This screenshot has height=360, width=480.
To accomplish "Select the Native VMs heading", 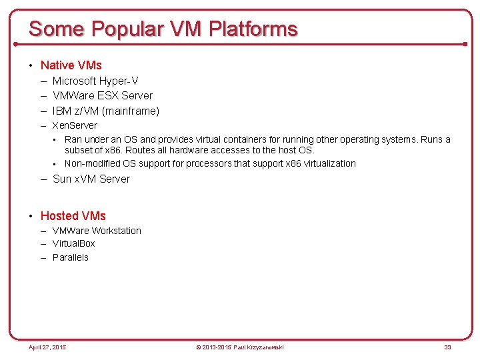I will coord(71,65).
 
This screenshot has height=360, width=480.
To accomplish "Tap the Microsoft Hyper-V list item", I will coord(95,81).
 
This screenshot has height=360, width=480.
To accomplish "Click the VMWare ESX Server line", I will coord(102,96).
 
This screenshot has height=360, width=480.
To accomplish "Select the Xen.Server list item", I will coord(75,125).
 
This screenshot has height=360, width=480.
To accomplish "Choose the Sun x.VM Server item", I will coord(91,179).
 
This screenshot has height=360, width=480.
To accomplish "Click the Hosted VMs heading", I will coord(73,216).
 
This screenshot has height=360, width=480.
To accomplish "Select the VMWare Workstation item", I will coord(97,231).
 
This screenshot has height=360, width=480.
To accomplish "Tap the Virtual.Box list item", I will coord(74,244).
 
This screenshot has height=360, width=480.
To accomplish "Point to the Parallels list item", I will coord(71,257).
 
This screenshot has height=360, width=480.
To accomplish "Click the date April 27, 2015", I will coord(47,347).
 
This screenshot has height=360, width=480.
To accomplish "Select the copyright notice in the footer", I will coord(239,347).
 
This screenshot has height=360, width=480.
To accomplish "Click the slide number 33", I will coord(447,347).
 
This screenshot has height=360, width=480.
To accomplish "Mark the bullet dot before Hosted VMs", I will coord(31,216).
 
